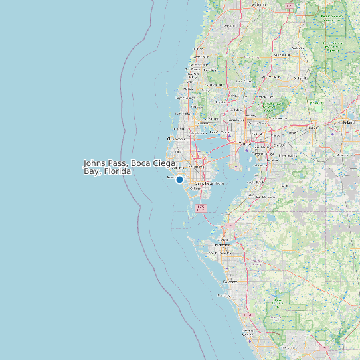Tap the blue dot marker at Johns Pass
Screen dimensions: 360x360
(179, 179)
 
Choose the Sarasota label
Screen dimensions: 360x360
(229, 282)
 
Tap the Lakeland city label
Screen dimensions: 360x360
(347, 122)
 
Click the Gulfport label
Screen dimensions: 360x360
(197, 189)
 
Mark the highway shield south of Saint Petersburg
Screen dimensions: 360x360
(201, 208)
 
